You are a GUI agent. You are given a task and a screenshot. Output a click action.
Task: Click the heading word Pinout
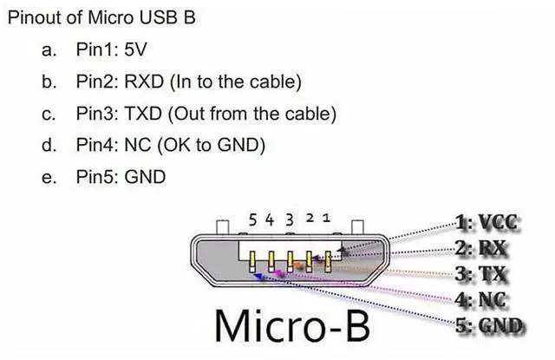coord(34,18)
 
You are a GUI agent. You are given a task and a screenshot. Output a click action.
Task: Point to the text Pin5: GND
coord(121,177)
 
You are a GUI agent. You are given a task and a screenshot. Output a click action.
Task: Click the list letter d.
coord(49,145)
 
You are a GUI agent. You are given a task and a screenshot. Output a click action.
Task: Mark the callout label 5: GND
coord(491,326)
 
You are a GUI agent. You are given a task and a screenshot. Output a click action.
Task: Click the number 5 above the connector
coord(252,219)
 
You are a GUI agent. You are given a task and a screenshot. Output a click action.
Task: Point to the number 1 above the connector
coord(326,218)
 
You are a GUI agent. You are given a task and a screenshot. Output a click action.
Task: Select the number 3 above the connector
coord(290,219)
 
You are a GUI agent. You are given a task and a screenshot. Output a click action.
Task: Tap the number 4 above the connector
coord(270,219)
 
